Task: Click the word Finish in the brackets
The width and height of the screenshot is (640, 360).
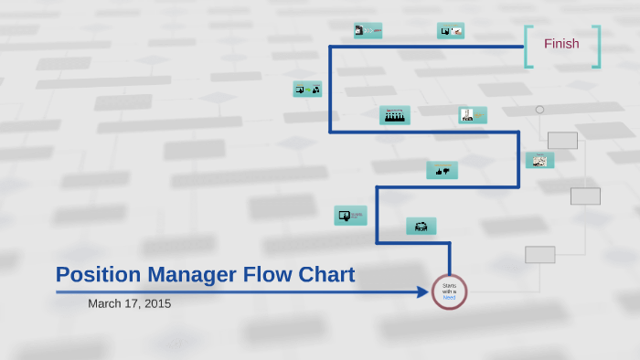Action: pos(561,44)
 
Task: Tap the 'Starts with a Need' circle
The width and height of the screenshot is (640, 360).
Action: pos(449,291)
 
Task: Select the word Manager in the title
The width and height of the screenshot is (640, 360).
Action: pos(193,274)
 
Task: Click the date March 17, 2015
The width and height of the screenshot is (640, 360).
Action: pos(129,303)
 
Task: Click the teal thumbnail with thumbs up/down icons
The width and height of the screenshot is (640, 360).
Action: pos(442,170)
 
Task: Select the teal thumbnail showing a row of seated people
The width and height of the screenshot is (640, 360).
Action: pos(395,115)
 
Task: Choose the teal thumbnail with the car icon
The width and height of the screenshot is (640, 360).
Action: pos(421,227)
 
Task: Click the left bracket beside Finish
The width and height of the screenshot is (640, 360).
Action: pos(528,47)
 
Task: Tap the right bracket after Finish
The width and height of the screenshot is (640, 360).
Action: pos(597,47)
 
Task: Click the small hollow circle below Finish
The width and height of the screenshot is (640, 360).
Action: pos(539,110)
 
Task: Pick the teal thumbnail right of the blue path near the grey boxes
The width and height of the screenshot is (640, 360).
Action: pos(540,160)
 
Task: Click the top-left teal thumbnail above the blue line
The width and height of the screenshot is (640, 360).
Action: pos(368,30)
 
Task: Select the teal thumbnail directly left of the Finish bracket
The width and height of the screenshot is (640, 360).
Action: pos(451,30)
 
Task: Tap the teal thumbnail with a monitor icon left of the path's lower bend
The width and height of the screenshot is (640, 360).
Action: pos(349,216)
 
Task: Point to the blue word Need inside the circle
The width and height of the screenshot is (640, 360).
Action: pos(449,298)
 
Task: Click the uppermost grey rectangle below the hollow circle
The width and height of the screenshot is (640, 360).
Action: pos(562,141)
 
